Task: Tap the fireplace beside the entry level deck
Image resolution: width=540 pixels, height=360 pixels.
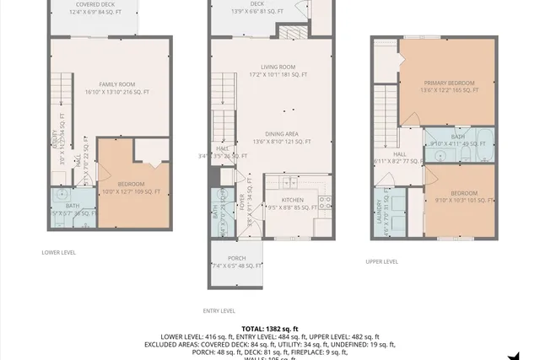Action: (299, 8)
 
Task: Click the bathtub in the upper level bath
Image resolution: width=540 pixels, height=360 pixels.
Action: (487, 139)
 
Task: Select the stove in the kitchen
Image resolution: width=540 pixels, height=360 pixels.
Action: (326, 202)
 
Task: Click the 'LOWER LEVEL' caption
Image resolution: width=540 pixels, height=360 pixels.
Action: (59, 252)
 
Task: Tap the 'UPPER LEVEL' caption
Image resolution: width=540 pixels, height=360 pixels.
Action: (381, 261)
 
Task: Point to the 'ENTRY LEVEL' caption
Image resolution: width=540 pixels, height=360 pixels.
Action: (219, 310)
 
